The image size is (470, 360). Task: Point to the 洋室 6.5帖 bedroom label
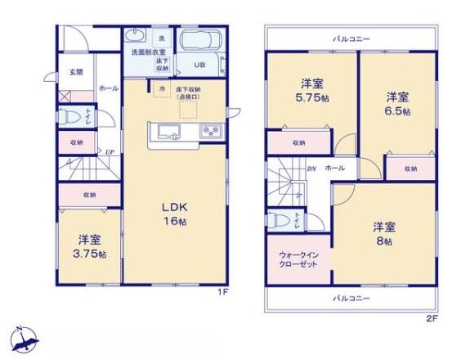(400, 102)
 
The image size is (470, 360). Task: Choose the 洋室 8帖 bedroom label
(385, 233)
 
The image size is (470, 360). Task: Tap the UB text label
(200, 65)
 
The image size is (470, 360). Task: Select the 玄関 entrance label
(74, 72)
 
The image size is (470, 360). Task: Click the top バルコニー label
(351, 38)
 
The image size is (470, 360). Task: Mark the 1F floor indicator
(222, 292)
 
